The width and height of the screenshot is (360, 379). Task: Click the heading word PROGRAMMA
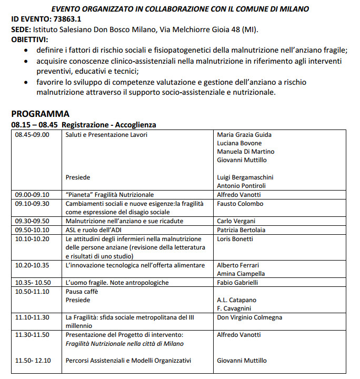point(40,114)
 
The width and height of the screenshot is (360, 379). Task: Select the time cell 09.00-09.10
point(32,194)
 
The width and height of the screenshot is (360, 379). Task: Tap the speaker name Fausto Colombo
point(240,204)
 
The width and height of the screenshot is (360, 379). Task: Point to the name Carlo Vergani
point(237,221)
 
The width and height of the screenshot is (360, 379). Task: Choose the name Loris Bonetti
point(235,238)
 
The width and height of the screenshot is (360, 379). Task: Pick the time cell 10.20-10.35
point(32,265)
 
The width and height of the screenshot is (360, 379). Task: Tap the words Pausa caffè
point(82,291)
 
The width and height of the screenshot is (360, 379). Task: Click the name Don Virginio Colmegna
point(249,317)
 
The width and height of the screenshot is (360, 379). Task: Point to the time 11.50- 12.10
point(33,361)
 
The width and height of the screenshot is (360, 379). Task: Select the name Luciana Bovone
point(239,143)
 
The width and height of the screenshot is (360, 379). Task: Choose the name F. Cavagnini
point(235,308)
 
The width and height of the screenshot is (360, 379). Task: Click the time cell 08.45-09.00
point(32,135)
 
